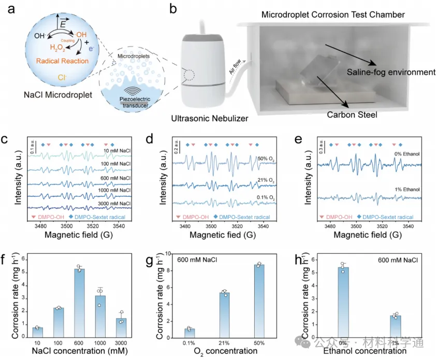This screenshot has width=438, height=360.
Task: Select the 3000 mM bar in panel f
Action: pyautogui.click(x=121, y=328)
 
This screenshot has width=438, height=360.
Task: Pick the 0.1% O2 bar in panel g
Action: pyautogui.click(x=189, y=333)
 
